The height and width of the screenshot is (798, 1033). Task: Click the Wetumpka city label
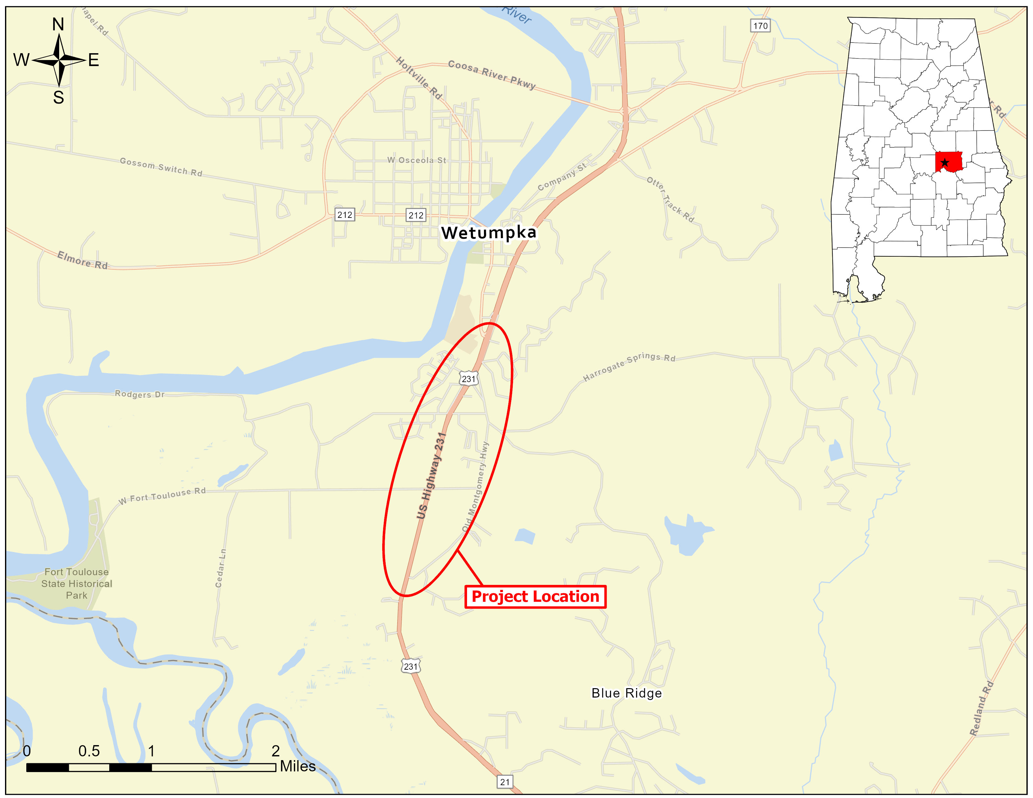click(489, 233)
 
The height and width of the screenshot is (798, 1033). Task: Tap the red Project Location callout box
click(535, 596)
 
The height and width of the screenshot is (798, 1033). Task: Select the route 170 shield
click(760, 26)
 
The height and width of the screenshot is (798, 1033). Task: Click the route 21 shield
click(505, 781)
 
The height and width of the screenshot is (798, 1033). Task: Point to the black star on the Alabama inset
click(944, 163)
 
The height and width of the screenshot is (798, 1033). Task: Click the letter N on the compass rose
click(58, 24)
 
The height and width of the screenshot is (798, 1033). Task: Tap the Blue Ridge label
click(626, 693)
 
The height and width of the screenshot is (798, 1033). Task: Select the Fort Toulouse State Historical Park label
click(77, 583)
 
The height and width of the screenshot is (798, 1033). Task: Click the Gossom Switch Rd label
click(161, 167)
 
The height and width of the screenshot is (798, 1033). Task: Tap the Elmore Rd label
click(82, 260)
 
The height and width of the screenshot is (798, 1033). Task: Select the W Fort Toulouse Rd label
click(162, 495)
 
